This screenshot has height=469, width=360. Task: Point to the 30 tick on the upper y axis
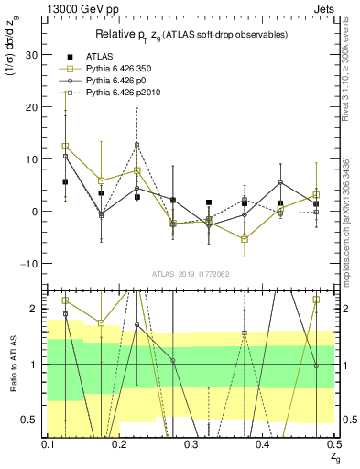click(34, 55)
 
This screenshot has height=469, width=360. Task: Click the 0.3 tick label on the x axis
click(191, 444)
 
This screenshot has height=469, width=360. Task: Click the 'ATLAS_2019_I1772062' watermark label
click(191, 273)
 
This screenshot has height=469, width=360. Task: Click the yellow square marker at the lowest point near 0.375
click(245, 239)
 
